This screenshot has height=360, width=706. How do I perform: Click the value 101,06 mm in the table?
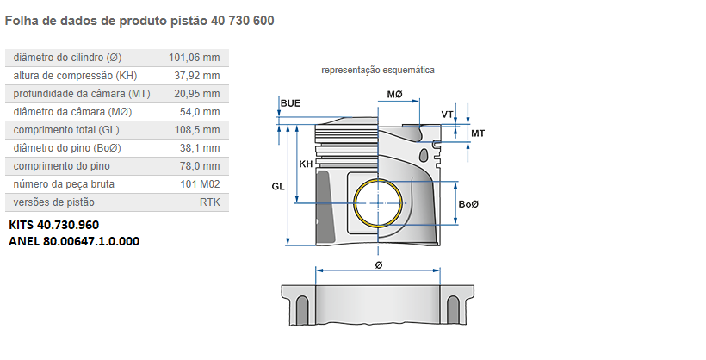(194, 58)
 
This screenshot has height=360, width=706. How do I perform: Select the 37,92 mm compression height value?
(196, 76)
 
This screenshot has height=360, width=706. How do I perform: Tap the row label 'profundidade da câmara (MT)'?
(82, 94)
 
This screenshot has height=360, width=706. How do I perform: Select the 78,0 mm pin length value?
(201, 166)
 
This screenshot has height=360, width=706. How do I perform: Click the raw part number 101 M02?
(200, 184)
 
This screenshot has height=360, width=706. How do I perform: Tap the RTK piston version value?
(209, 202)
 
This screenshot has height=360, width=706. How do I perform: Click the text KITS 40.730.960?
(53, 225)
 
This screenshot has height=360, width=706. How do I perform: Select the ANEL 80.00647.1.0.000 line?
(73, 241)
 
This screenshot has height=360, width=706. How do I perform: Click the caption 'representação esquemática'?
(378, 70)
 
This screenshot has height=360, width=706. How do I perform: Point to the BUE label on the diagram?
(290, 103)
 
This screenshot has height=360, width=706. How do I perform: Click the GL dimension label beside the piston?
(277, 186)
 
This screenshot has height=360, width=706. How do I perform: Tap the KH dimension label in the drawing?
(305, 164)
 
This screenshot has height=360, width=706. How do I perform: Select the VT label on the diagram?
(447, 115)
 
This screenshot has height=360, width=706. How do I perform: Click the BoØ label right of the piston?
(468, 204)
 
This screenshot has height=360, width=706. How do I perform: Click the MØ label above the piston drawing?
(394, 93)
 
